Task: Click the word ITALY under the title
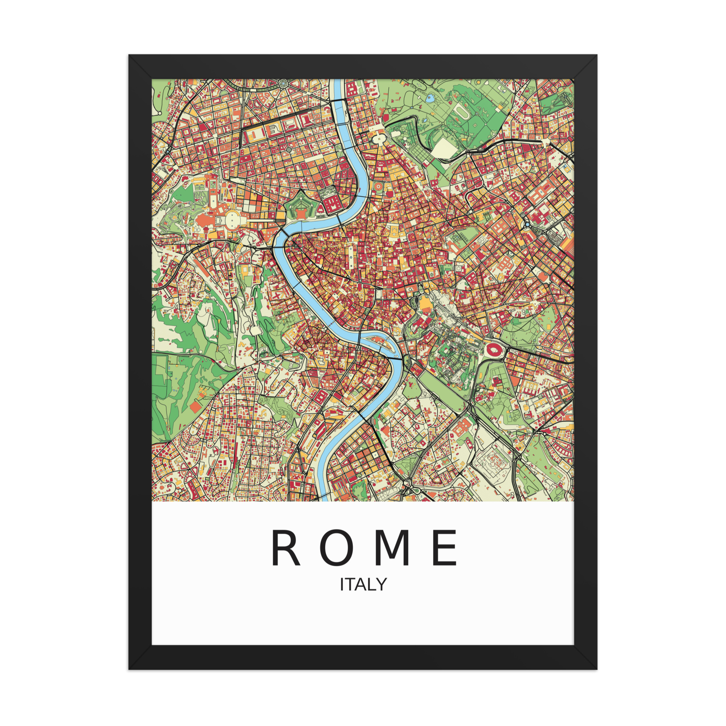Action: pos(363,585)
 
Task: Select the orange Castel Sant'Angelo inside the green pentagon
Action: pos(301,213)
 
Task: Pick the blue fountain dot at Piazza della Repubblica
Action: pos(527,224)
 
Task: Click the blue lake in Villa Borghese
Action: pos(429,99)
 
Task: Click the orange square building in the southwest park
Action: pos(195,407)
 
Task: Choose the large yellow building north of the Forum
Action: pos(425,303)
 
